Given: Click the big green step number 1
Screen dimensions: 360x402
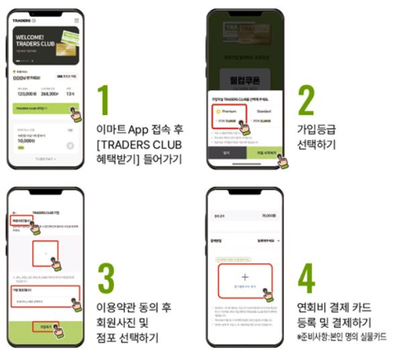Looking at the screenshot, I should [103, 100].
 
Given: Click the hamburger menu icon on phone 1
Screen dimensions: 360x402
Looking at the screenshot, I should [77, 21].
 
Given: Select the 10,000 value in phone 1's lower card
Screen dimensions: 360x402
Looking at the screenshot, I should [26, 142].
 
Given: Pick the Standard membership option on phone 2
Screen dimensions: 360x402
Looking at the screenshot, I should [262, 111].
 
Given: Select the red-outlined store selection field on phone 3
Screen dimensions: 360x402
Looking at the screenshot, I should [45, 296].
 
